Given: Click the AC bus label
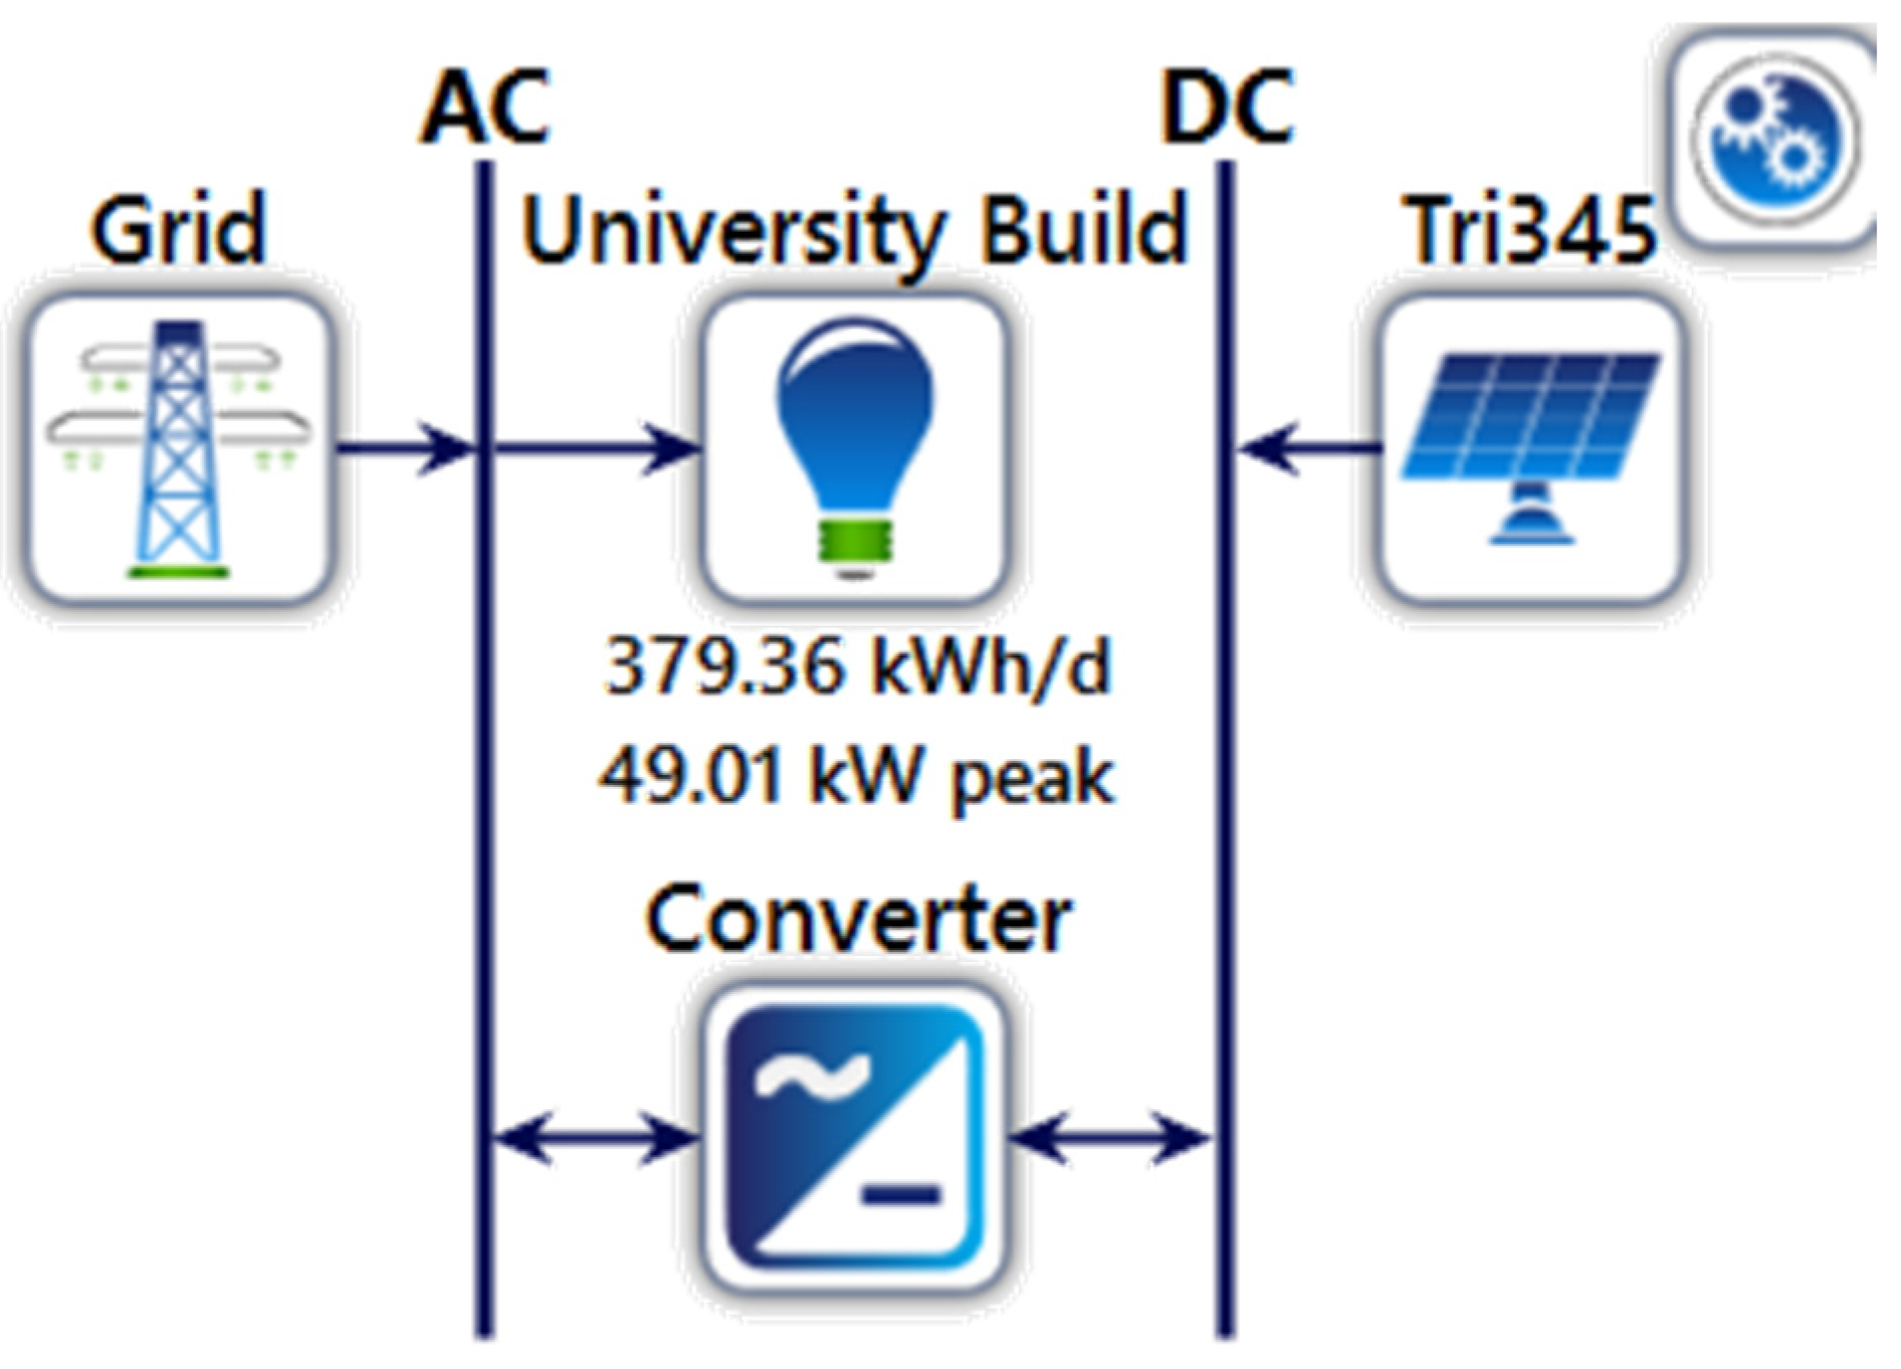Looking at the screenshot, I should [x=485, y=107].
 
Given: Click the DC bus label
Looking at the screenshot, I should [x=1226, y=107].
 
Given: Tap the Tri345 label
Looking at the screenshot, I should [x=1531, y=231].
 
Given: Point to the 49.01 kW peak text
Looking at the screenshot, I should [x=856, y=776].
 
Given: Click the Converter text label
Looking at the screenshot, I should [x=858, y=920].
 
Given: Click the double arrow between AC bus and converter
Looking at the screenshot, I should [x=595, y=1137].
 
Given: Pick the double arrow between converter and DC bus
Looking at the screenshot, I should [x=1110, y=1137].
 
